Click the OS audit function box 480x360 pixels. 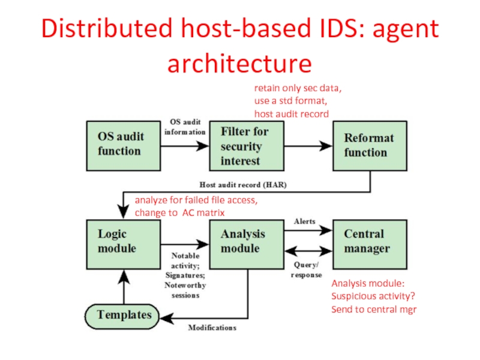[124, 146]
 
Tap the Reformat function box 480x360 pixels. [369, 146]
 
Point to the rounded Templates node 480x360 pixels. [124, 314]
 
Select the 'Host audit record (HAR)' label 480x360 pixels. [243, 185]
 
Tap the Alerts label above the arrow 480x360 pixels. [304, 221]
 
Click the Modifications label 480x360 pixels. [212, 328]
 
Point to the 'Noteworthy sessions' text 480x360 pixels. [185, 290]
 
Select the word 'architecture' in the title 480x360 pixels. [239, 64]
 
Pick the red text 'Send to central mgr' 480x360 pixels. [374, 310]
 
